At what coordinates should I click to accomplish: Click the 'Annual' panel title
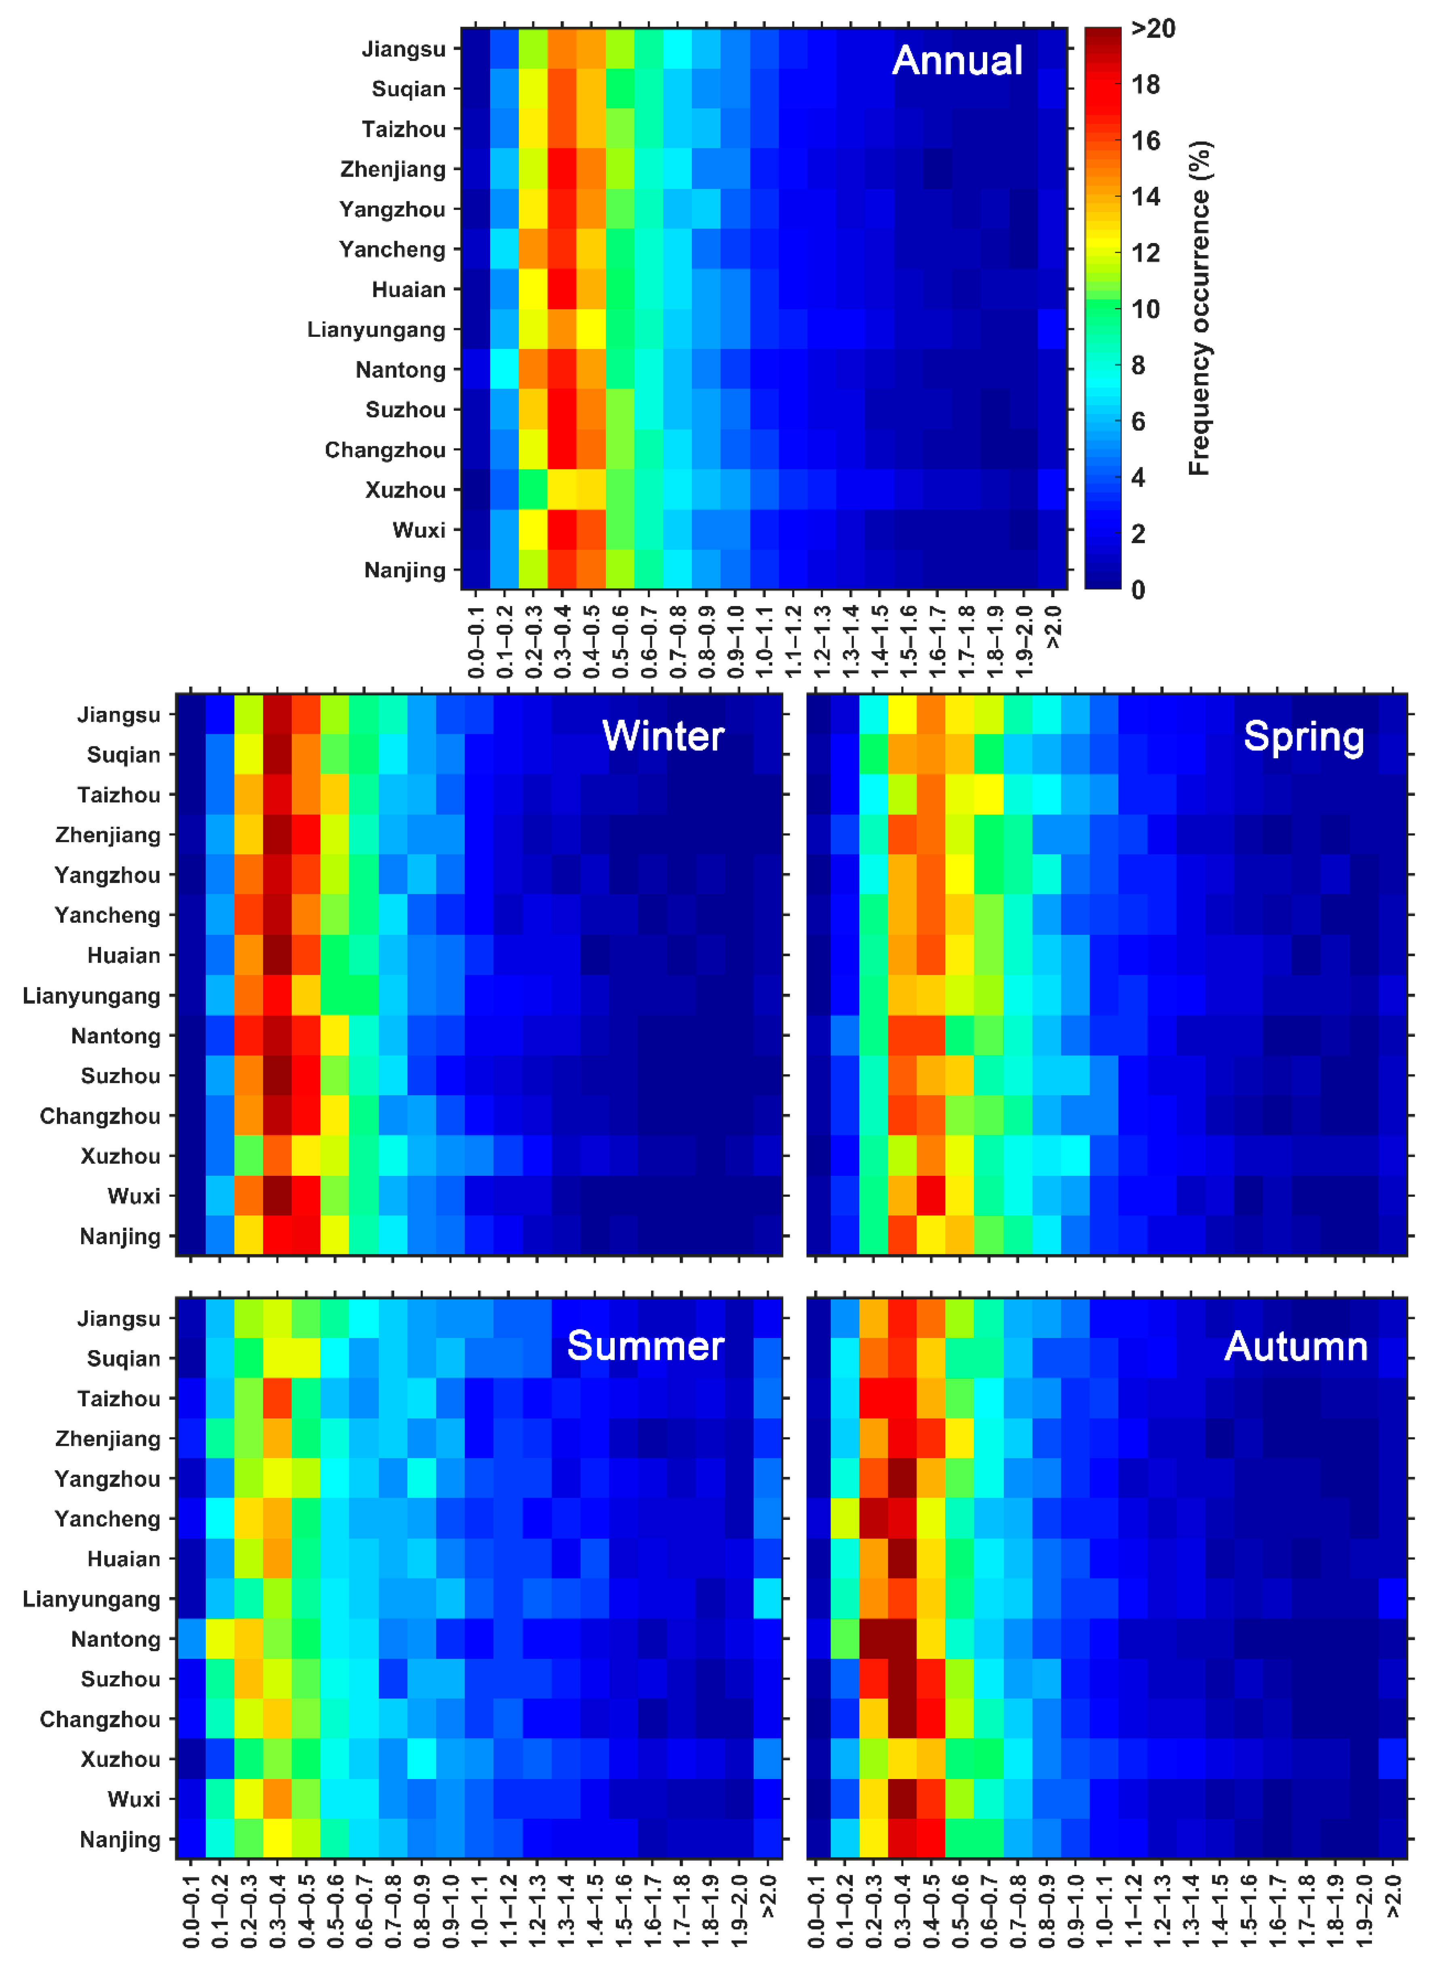(x=957, y=61)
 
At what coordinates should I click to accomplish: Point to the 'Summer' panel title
(x=645, y=1346)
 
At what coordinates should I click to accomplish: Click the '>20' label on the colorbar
(x=1153, y=29)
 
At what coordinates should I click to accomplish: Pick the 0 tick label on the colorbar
(x=1138, y=590)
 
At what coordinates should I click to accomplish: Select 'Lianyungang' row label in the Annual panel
(x=376, y=330)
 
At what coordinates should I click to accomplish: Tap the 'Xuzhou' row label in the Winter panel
(x=121, y=1156)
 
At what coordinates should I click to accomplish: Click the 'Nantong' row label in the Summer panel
(x=116, y=1640)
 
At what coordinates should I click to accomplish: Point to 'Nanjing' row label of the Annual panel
(x=405, y=571)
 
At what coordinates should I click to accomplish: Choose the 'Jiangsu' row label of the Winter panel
(x=119, y=715)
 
